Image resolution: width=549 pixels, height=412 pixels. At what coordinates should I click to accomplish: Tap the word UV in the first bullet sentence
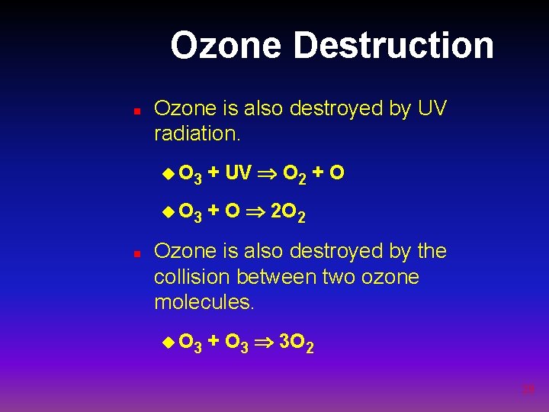(432, 109)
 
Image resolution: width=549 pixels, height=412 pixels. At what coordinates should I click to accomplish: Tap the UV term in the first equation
(238, 174)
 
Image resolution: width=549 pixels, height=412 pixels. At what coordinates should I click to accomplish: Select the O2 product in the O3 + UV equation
(294, 176)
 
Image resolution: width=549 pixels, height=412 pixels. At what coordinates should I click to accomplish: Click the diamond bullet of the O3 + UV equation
(169, 174)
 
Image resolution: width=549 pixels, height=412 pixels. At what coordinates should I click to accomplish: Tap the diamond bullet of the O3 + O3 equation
(169, 343)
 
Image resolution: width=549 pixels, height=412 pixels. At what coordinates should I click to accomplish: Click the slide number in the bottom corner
(528, 389)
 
